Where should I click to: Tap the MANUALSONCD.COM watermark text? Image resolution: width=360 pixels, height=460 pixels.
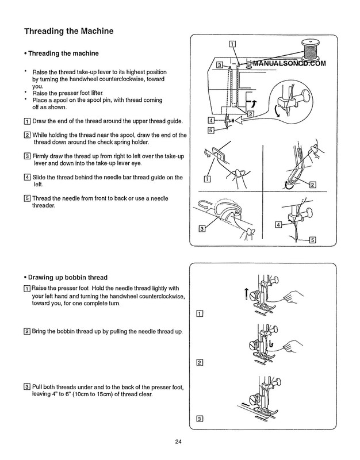[x=288, y=64]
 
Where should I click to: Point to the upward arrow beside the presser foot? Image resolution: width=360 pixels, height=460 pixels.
[x=247, y=294]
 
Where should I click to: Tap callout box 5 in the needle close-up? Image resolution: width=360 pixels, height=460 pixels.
[x=313, y=240]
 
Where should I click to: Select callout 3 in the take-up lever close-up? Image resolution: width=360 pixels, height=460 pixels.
[x=202, y=229]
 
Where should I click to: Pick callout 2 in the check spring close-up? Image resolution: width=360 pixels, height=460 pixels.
[x=313, y=185]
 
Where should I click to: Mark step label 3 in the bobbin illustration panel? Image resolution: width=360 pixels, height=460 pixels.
[x=200, y=418]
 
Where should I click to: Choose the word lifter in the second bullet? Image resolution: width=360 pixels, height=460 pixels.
[x=94, y=93]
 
